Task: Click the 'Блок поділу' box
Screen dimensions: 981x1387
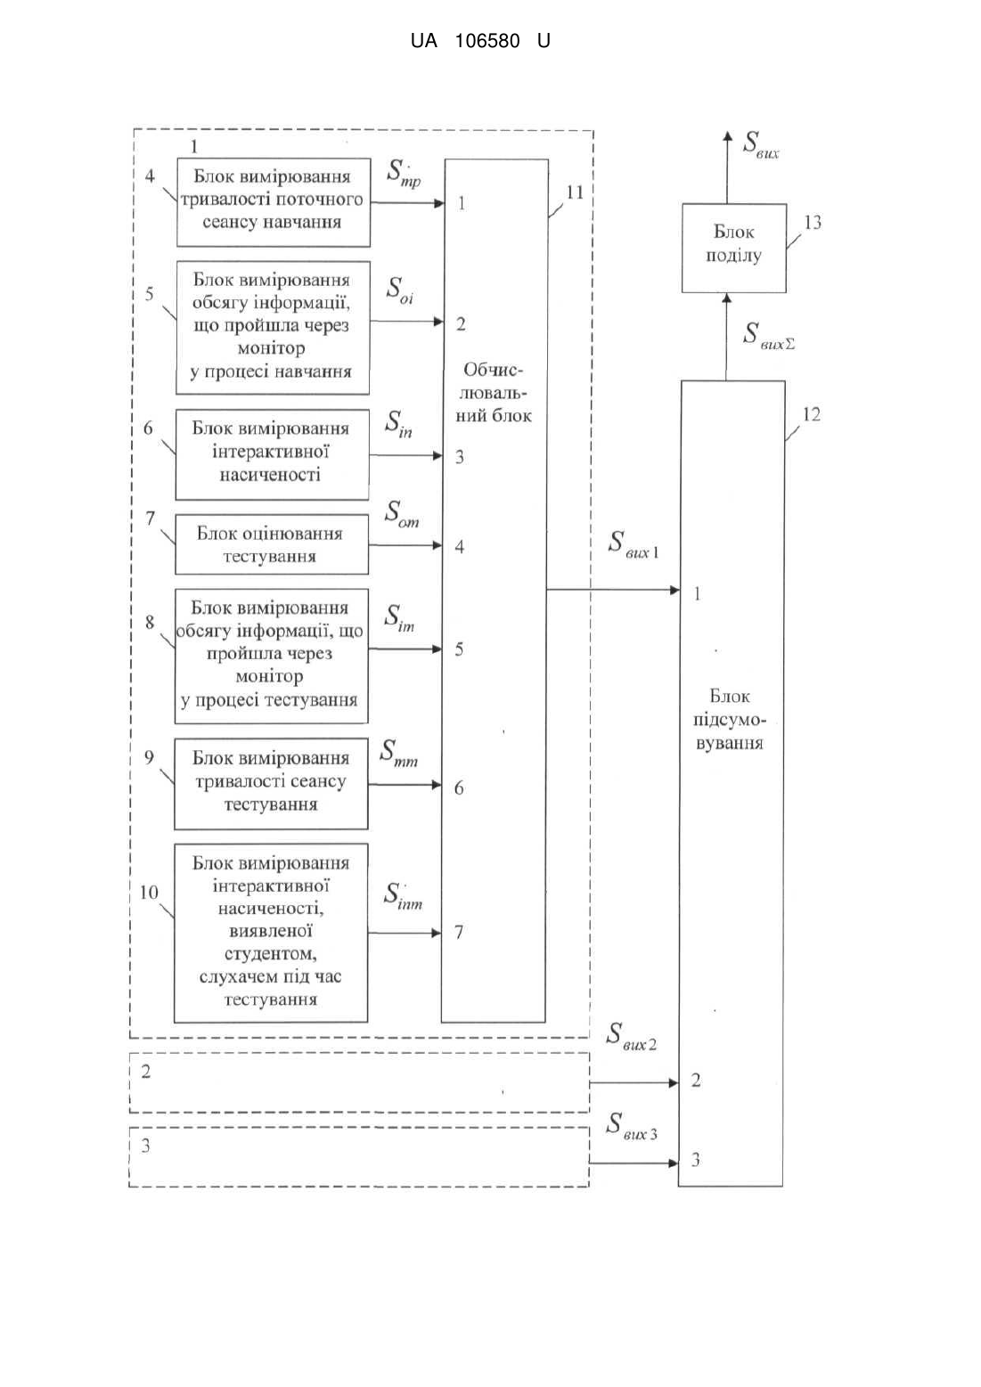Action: [734, 248]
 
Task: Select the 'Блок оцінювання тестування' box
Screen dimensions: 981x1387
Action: [272, 544]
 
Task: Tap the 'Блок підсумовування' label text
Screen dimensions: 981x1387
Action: [730, 720]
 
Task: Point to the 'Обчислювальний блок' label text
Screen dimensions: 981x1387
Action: [494, 393]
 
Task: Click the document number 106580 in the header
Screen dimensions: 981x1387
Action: [487, 41]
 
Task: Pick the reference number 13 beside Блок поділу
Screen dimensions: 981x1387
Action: [813, 223]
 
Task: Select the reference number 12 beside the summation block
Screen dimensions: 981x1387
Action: [812, 414]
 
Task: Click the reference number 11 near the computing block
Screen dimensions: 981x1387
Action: [576, 192]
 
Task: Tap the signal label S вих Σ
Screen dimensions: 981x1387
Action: [769, 336]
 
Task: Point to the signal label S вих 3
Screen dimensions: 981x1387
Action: [632, 1126]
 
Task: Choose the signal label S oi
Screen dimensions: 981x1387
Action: [399, 290]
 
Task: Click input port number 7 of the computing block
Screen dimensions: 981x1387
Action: [459, 932]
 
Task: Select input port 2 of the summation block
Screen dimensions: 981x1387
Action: [696, 1081]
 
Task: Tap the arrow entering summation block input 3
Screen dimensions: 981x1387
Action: [634, 1163]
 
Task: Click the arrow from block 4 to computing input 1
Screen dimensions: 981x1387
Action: [407, 202]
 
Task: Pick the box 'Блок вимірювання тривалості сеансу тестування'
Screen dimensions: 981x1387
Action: [271, 783]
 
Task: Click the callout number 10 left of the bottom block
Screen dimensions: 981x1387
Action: [149, 893]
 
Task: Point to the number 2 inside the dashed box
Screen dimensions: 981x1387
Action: [145, 1072]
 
